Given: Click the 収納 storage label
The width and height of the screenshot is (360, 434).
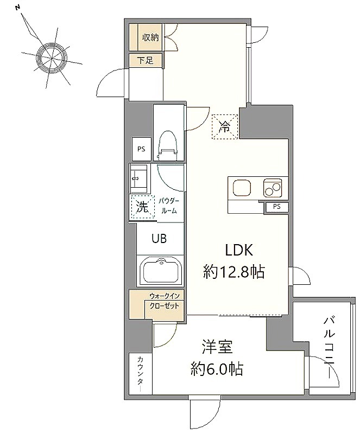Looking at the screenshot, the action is coord(150,37).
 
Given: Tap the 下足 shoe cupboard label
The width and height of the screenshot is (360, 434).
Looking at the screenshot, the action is coord(146,60).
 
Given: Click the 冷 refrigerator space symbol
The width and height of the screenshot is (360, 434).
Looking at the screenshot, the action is coord(224,126).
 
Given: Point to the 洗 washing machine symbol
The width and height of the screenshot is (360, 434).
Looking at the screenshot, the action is coord(142,207).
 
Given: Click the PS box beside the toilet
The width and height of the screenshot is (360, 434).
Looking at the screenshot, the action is coord(141,149).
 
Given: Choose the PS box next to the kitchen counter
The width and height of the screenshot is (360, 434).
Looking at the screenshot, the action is coord(276,207).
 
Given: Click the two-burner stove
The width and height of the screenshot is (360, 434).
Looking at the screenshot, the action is coord(273,188).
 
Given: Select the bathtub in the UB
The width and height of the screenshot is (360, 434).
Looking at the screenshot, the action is coord(161,271).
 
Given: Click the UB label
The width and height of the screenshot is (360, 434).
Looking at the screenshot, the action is coord(159,238).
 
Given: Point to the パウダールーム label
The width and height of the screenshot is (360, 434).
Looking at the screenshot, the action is coord(169,206).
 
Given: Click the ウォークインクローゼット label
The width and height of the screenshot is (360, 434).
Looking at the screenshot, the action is coord(165,301).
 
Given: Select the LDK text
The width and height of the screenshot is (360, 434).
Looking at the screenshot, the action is coord(239,250).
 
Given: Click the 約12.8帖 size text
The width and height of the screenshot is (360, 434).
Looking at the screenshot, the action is coord(234,272).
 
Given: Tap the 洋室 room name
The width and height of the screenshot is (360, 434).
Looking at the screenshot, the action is coord(217,347).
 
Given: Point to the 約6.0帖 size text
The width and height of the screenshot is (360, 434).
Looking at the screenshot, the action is coord(217,369).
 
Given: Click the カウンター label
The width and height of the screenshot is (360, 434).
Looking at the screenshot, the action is coord(141,374).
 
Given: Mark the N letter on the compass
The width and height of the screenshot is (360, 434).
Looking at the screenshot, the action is coord(17,8).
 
